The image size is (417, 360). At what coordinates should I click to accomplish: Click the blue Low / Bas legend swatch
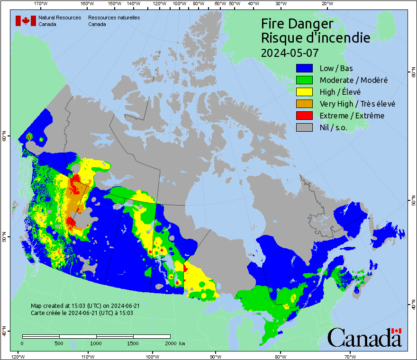[305, 68]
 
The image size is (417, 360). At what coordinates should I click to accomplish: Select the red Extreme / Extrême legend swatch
[305, 116]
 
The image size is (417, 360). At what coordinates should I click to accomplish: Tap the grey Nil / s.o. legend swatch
[305, 127]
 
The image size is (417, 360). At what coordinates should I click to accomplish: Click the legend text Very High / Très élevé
[357, 104]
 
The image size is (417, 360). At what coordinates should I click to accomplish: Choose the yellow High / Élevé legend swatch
[305, 92]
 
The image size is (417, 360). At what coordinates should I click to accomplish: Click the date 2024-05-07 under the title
[290, 52]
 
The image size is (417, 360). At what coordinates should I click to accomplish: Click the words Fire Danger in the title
[297, 24]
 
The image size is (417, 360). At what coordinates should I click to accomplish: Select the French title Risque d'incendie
[316, 38]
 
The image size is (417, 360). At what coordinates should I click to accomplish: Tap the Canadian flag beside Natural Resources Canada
[26, 21]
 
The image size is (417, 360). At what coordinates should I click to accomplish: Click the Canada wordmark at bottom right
[364, 337]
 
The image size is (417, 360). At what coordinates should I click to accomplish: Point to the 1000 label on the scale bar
[96, 343]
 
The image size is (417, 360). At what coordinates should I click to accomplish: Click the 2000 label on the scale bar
[170, 343]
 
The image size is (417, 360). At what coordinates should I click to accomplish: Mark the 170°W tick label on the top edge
[41, 4]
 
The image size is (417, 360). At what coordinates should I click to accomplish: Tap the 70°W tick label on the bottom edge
[350, 356]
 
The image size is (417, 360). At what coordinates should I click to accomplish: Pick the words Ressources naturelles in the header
[114, 18]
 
